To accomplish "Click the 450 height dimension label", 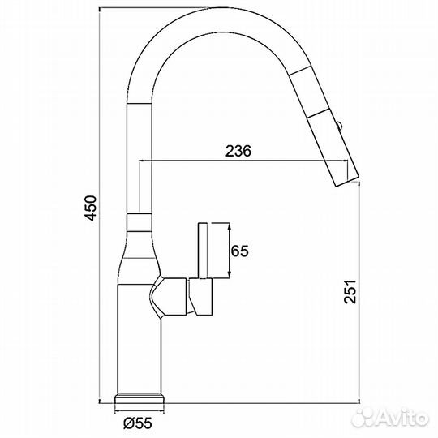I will [92, 209].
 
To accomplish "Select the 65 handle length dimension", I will [238, 251].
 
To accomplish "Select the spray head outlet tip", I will [341, 175].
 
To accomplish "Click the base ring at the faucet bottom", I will [143, 401].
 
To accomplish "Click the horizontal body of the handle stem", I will [202, 298].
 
